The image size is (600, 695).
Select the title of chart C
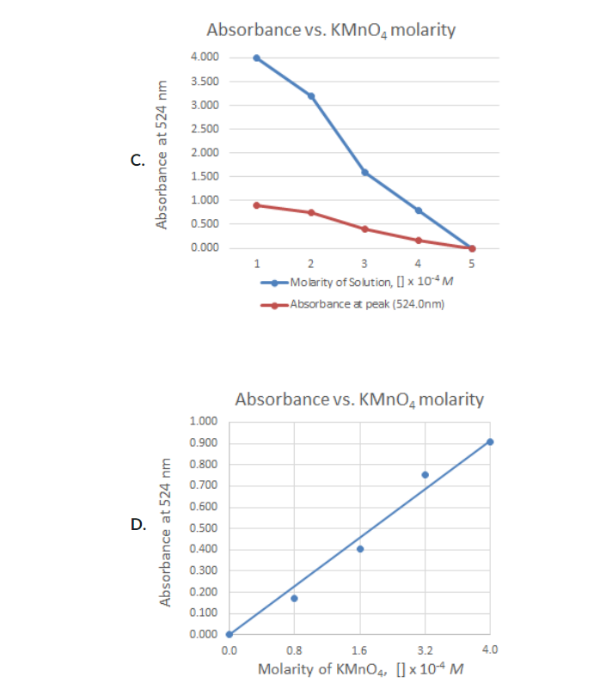(x=331, y=30)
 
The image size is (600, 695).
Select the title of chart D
(x=358, y=399)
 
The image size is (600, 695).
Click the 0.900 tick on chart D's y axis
(x=203, y=443)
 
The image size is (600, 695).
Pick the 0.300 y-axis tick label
(x=203, y=570)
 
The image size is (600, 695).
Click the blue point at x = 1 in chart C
(x=256, y=58)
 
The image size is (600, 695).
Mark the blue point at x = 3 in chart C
(x=364, y=172)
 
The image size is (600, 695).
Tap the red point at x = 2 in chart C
(x=310, y=212)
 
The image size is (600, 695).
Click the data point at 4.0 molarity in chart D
(x=490, y=442)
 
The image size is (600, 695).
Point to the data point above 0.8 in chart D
(x=294, y=598)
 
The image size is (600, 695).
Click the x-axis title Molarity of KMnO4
(x=361, y=669)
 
